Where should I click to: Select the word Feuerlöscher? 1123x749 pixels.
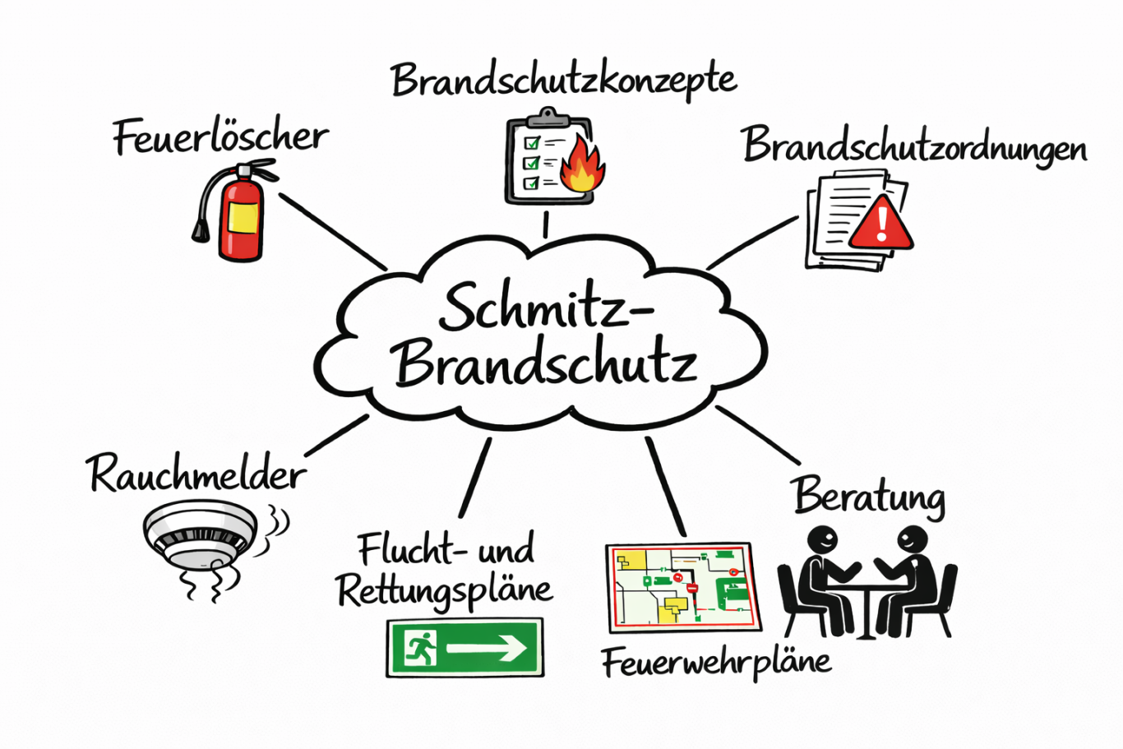point(220,137)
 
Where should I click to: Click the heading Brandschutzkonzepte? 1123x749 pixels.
point(563,81)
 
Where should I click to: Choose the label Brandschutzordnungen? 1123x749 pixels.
point(914,146)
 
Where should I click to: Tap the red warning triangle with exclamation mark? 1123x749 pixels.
point(880,223)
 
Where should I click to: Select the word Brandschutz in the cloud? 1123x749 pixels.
point(545,363)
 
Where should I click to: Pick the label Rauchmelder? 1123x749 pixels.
point(196,474)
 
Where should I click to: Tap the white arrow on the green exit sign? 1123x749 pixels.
point(488,649)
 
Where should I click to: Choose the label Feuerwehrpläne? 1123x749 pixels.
point(716,662)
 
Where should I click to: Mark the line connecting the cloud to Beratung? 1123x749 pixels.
point(758,435)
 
